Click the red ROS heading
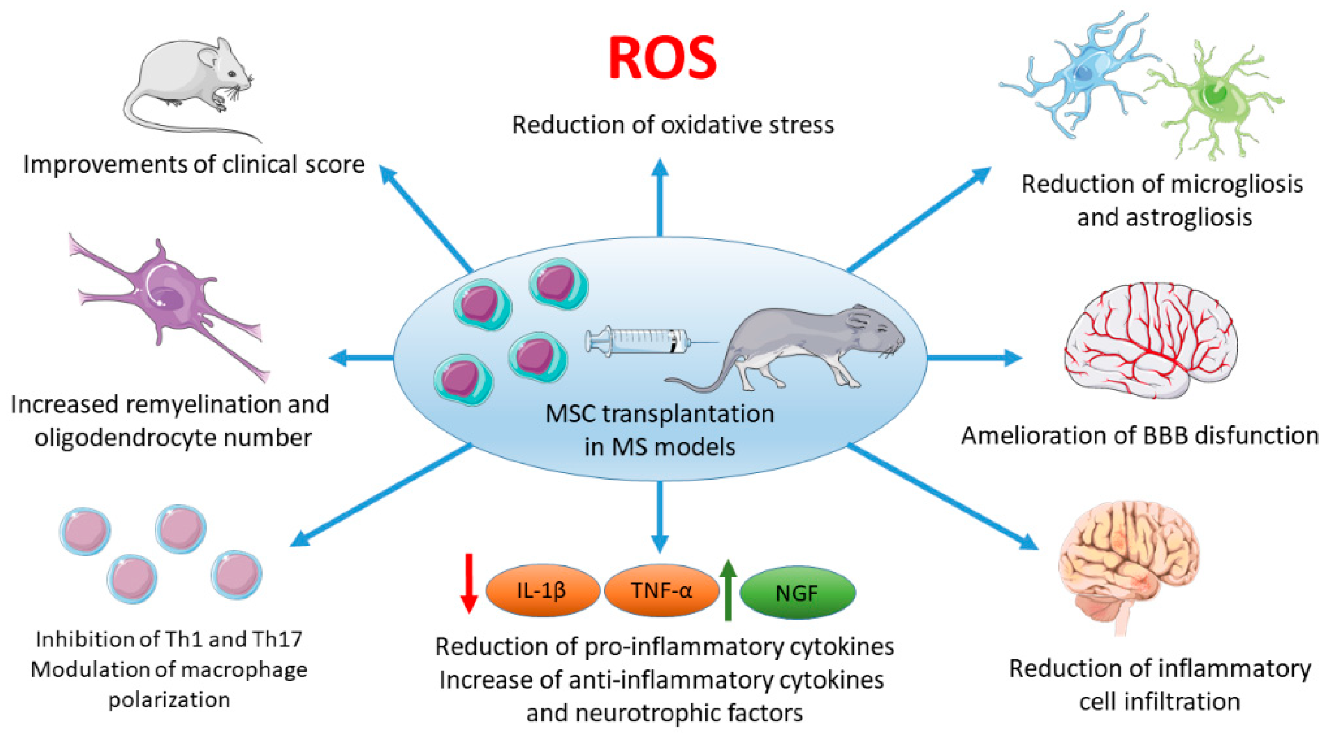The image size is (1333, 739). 662,58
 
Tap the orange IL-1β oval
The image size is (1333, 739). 542,590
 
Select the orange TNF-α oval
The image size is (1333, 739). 661,590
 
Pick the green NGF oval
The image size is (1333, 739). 797,593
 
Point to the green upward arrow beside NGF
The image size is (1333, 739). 728,590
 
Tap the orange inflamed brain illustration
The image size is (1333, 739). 1128,564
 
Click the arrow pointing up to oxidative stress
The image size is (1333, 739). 660,196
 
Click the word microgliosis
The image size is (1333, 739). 1237,184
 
